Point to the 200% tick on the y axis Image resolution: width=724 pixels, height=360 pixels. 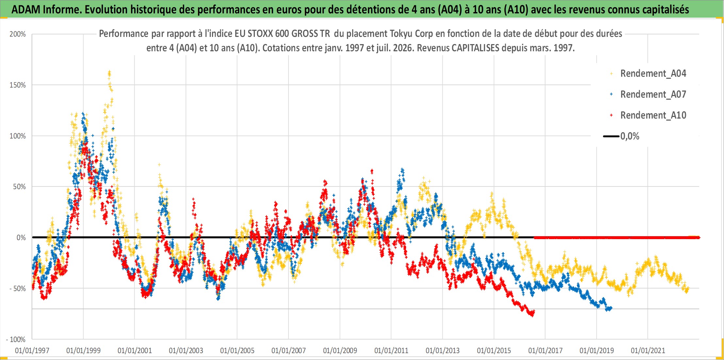tap(18, 34)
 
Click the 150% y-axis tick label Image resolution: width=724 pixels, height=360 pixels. tap(18, 85)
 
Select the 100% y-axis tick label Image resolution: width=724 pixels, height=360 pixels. tap(18, 136)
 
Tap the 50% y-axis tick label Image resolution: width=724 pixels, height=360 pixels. tap(19, 187)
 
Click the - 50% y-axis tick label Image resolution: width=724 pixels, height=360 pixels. tap(18, 288)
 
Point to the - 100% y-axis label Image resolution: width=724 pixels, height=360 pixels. tap(16, 339)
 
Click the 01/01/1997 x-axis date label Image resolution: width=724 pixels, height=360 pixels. tap(32, 351)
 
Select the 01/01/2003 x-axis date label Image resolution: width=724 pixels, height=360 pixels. tap(186, 351)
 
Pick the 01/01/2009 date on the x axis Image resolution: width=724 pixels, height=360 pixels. tap(340, 351)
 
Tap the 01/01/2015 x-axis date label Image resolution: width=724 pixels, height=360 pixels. tap(494, 351)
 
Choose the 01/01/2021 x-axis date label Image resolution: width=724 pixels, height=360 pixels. tap(648, 351)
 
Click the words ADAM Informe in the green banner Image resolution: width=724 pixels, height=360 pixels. tap(46, 9)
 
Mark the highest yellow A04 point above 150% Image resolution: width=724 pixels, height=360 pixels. tap(109, 71)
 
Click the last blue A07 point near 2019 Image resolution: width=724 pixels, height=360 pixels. tap(611, 308)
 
